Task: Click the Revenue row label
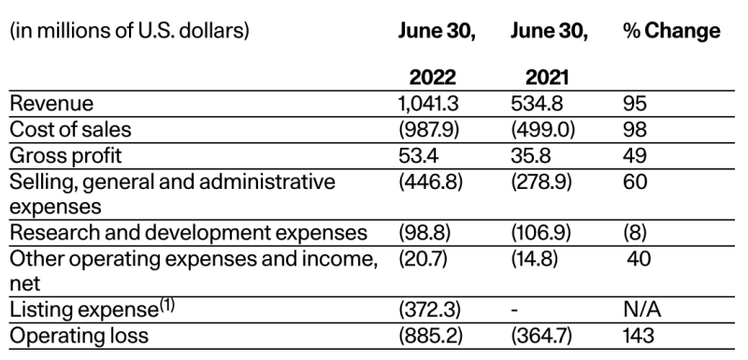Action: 51,104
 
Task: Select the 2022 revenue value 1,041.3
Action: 428,104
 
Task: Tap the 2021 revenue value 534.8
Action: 537,104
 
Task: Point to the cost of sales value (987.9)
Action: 429,130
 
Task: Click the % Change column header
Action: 671,31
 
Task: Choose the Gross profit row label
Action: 65,156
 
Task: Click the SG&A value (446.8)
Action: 430,181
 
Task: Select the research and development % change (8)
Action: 635,233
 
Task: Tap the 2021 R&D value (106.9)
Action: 541,233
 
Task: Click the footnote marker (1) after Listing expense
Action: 166,305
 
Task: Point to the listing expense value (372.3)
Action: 430,310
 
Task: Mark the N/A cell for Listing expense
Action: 642,310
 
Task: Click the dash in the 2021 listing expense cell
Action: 514,310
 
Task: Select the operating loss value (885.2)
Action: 431,337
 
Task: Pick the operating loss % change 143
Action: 639,337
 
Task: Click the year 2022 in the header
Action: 433,78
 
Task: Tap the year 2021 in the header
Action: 547,78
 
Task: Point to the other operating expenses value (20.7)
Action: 423,259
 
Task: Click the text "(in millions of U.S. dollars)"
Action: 129,32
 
